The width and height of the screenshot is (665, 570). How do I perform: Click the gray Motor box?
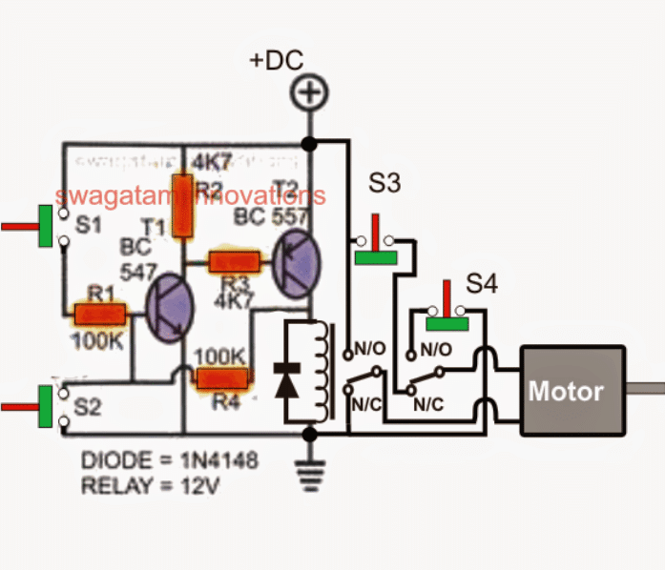pyautogui.click(x=567, y=390)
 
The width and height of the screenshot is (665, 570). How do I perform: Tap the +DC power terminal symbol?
pyautogui.click(x=308, y=94)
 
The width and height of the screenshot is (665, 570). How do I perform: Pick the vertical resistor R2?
pyautogui.click(x=182, y=205)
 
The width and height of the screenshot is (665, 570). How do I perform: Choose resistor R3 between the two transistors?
pyautogui.click(x=235, y=260)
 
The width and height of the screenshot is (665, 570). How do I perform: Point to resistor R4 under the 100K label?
pyautogui.click(x=220, y=379)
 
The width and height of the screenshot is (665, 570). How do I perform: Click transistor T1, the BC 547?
pyautogui.click(x=170, y=308)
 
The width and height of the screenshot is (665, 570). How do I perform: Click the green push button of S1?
pyautogui.click(x=45, y=227)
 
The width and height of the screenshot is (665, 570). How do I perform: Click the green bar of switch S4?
pyautogui.click(x=447, y=322)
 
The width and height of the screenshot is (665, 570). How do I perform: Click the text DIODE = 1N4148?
pyautogui.click(x=169, y=460)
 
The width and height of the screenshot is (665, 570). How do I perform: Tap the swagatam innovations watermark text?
pyautogui.click(x=191, y=195)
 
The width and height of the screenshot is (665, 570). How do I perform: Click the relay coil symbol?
pyautogui.click(x=322, y=372)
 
